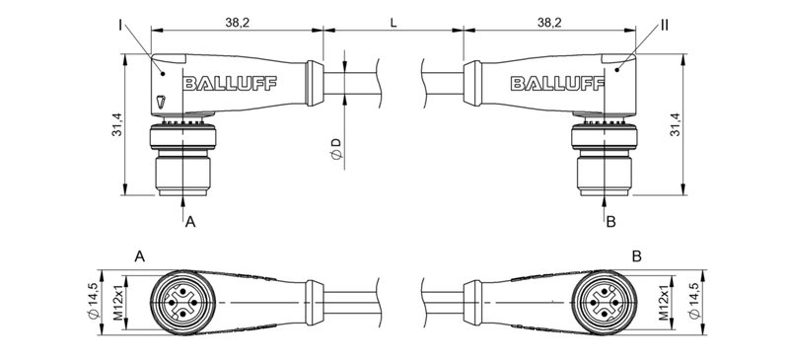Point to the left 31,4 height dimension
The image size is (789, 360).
116,125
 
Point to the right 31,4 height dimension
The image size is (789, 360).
675,125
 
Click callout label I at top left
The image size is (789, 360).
117,20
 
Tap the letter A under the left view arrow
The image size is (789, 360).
191,222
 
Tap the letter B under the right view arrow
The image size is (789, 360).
610,222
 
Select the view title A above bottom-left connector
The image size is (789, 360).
140,256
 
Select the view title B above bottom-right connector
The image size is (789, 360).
637,256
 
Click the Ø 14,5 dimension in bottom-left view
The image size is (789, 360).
94,301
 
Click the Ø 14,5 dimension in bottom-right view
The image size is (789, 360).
696,301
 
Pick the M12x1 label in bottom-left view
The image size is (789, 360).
117,301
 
